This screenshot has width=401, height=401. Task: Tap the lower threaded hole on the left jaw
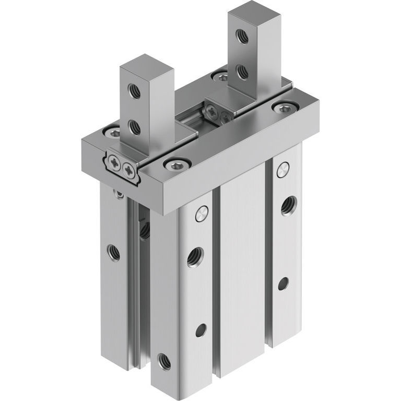[134, 126]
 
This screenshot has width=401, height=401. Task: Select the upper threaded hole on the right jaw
[241, 36]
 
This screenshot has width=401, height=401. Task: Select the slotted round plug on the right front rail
[282, 168]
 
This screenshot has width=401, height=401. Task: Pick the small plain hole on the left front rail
[201, 330]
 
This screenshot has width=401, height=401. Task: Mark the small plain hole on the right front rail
[282, 283]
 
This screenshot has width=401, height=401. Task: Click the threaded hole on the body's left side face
[113, 252]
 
